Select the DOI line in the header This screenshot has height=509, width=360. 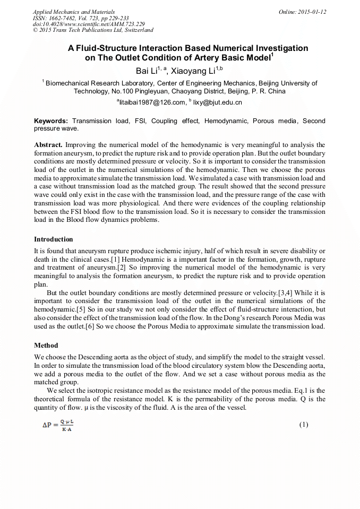pos(89,24)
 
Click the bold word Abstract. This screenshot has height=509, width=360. pos(48,145)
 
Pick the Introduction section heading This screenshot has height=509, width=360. pos(54,239)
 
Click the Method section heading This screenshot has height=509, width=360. pos(46,345)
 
